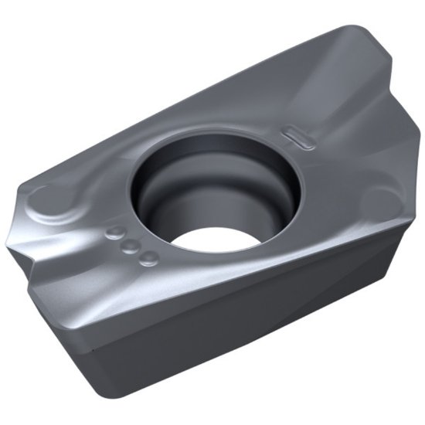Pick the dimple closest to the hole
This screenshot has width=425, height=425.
coord(149,258)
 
